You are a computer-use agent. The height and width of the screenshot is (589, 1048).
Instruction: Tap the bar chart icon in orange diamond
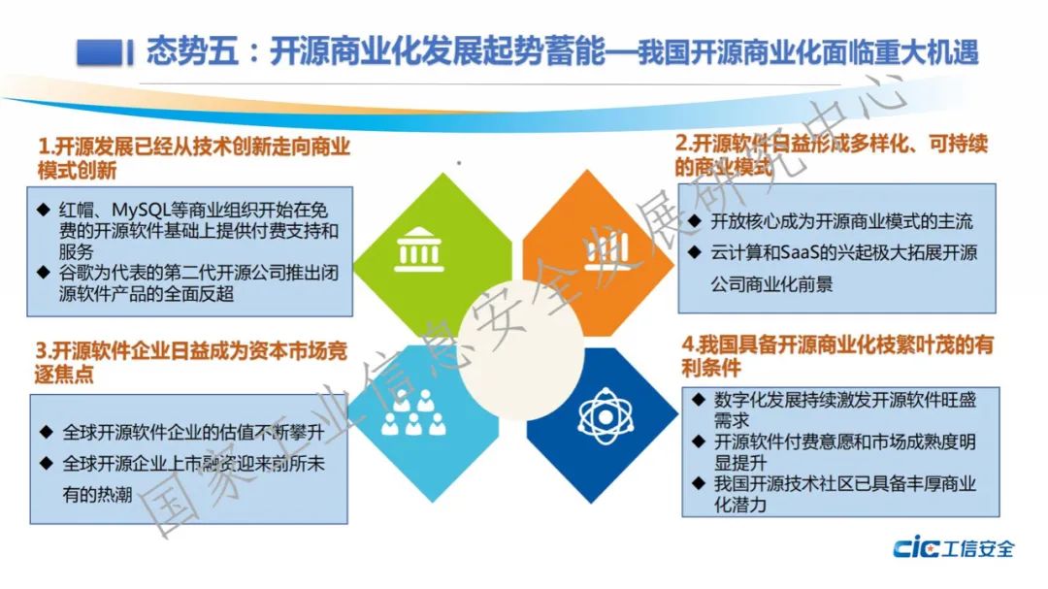pos(606,250)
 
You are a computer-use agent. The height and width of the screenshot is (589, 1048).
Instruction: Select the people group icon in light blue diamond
pos(413,412)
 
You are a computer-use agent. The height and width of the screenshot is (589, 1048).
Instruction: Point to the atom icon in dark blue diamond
pos(605,416)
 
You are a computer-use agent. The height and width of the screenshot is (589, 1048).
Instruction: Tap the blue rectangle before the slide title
pos(100,52)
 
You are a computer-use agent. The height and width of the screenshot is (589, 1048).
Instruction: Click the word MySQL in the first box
pos(141,210)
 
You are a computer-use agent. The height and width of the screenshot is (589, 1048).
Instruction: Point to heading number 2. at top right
pos(683,143)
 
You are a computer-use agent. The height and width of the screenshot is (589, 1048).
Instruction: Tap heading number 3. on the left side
pos(44,351)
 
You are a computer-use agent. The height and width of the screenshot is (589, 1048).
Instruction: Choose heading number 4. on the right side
pos(690,345)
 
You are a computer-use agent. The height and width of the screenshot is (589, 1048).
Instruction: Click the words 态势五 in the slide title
pos(192,51)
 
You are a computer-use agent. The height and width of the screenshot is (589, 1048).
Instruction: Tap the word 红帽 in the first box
pos(76,211)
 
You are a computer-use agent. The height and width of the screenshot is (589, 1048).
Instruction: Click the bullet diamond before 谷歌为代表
pos(44,272)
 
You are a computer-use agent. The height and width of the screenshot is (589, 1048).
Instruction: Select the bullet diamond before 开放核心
pos(695,220)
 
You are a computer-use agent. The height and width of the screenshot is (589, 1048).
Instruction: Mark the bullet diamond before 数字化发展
pos(699,400)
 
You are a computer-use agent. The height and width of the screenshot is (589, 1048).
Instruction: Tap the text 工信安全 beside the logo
pos(978,549)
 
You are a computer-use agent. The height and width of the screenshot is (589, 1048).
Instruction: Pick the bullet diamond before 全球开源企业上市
pos(47,463)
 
